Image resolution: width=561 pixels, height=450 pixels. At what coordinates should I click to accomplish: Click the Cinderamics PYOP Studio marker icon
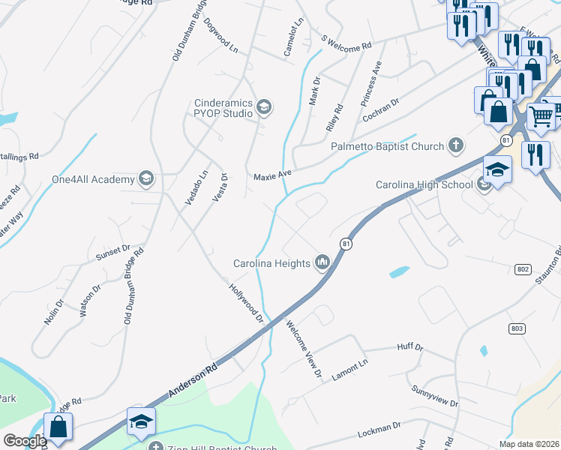(262, 108)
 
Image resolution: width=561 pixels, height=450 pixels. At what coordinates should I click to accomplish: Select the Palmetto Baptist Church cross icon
(454, 144)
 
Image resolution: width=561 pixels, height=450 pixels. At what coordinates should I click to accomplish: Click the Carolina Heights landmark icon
(323, 262)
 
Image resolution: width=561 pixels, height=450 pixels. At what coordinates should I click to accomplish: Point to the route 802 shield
(523, 268)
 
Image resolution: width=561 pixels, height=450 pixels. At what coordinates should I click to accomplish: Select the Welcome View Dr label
(304, 349)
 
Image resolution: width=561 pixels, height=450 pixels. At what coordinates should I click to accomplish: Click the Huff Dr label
(409, 348)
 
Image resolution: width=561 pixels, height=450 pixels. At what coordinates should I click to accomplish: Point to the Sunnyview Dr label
(435, 397)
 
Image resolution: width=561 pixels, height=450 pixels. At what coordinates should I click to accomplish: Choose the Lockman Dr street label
(379, 430)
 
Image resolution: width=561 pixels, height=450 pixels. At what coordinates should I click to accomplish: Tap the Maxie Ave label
(271, 175)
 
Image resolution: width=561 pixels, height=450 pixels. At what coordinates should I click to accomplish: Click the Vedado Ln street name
(200, 189)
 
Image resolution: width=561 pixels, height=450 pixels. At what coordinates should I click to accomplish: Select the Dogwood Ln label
(220, 36)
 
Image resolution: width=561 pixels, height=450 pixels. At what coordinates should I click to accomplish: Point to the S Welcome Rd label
(346, 42)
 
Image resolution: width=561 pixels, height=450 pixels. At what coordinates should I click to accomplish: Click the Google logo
(24, 441)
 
